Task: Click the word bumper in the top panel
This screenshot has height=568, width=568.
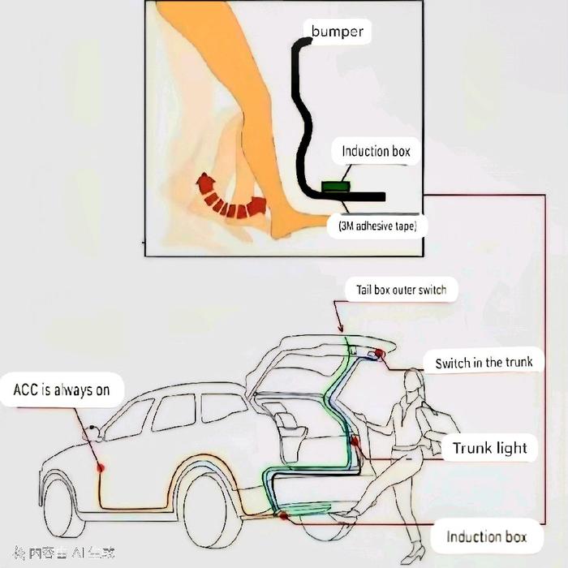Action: (338, 33)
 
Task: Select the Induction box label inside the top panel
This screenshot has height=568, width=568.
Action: (376, 151)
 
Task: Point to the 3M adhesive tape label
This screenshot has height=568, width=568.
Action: (377, 226)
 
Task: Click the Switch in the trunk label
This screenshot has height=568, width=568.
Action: (484, 363)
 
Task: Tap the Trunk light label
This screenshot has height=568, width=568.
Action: (489, 448)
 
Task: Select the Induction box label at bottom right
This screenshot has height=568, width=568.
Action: (486, 536)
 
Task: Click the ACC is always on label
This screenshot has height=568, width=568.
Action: (61, 389)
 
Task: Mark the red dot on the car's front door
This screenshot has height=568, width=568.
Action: (101, 467)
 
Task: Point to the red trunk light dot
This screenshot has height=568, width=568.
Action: (355, 442)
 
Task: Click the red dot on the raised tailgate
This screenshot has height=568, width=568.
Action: (379, 354)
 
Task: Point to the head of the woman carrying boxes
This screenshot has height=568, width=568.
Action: (412, 386)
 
